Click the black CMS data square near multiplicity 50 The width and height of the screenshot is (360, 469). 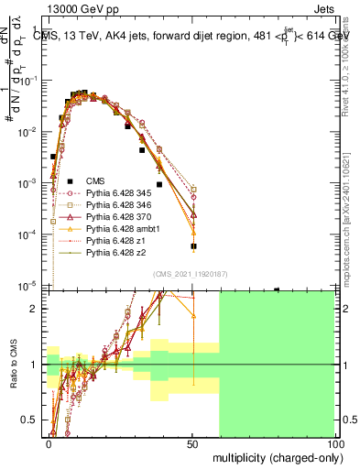[x=193, y=246]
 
